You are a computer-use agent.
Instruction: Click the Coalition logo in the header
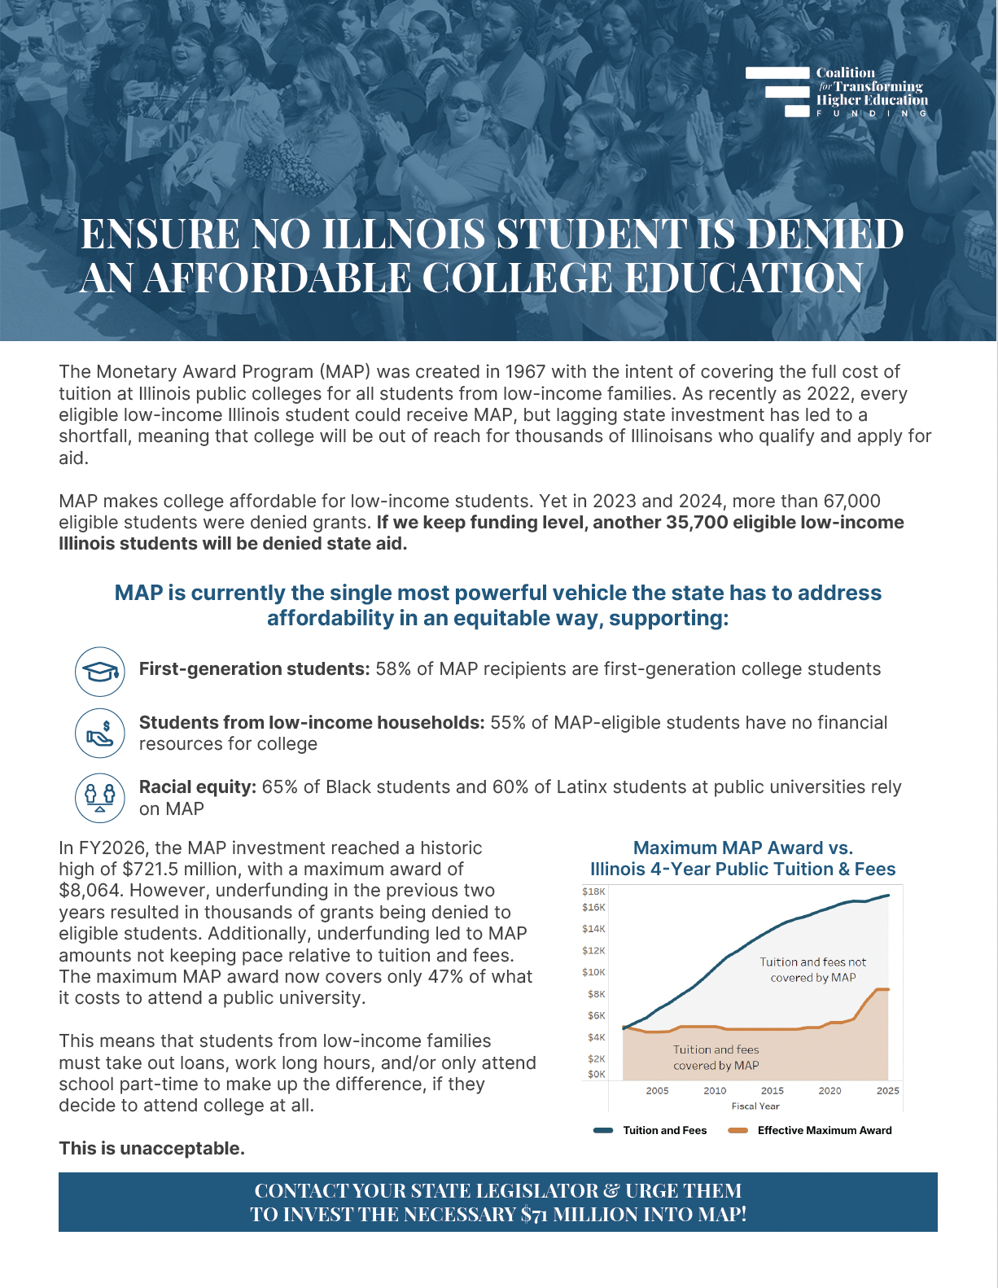pos(837,92)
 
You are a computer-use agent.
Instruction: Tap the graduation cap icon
pos(100,672)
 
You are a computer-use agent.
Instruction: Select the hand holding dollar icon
pos(100,733)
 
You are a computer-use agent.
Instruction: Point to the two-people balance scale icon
pos(100,797)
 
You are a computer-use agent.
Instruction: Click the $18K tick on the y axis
pos(593,892)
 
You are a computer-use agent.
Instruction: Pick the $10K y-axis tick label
pos(593,972)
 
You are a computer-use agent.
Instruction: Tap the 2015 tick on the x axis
pos(772,1090)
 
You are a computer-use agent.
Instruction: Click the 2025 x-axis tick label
pos(887,1090)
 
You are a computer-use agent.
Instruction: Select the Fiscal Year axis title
pos(755,1106)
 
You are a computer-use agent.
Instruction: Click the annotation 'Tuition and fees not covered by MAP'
pos(813,970)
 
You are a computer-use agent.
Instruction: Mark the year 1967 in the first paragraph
pos(525,372)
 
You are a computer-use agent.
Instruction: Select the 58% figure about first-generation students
pos(393,669)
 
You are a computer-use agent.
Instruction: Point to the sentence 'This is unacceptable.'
pos(151,1149)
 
